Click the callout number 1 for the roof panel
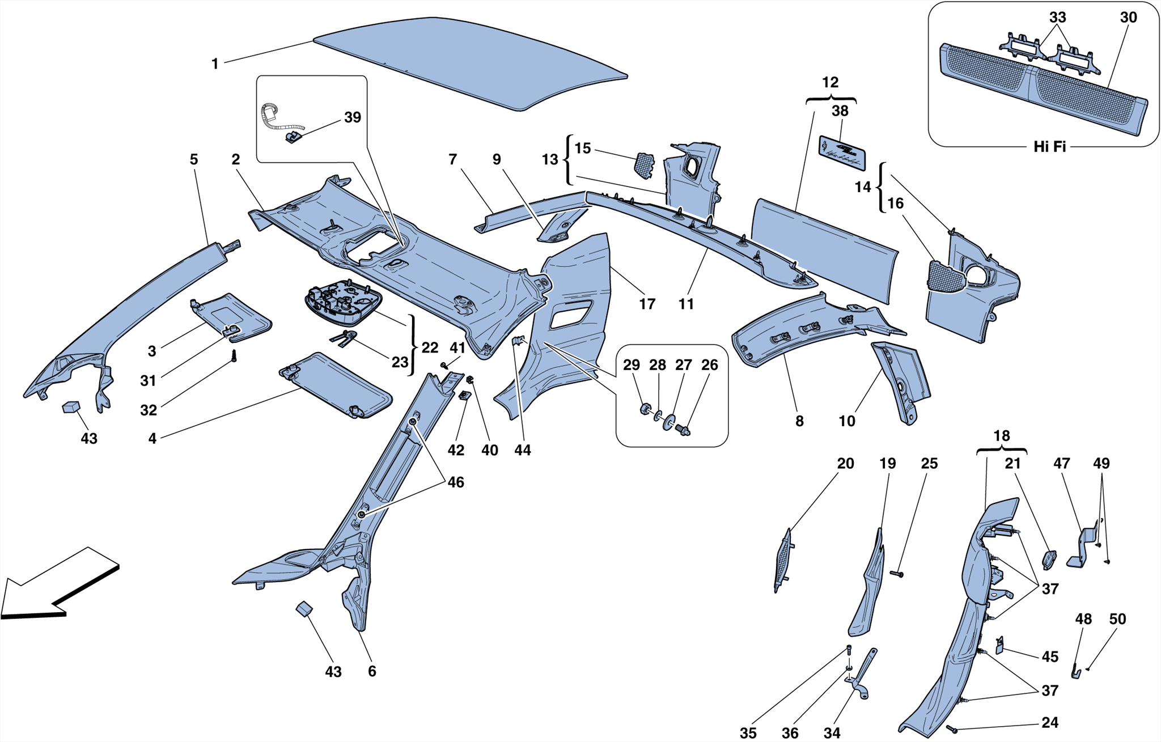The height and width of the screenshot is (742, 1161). point(214,64)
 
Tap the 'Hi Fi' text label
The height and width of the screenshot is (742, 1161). point(1049,147)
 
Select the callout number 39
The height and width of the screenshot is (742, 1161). point(353,117)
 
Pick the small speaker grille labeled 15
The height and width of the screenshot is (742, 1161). point(643,164)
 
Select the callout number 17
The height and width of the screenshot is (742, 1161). point(647,304)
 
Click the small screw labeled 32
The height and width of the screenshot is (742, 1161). point(233,356)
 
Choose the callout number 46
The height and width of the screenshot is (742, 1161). point(455,482)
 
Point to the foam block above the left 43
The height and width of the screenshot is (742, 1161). point(71,407)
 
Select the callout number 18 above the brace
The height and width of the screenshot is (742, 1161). point(1001,436)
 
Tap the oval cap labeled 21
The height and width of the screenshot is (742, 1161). point(1049,559)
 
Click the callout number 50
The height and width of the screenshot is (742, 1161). point(1117,619)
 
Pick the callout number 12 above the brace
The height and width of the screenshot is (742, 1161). point(830,82)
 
